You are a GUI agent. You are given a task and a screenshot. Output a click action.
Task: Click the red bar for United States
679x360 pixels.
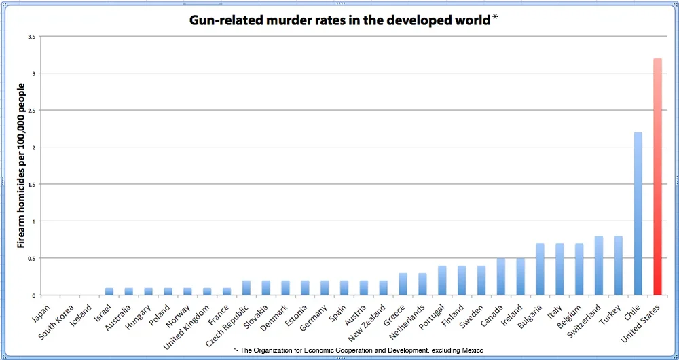(x=657, y=177)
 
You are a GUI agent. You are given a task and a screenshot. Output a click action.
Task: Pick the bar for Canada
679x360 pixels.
(x=500, y=276)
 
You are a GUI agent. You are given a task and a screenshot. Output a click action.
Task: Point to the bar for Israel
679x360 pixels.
(x=109, y=291)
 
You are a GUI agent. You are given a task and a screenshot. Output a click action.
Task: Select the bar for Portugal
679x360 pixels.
(x=442, y=281)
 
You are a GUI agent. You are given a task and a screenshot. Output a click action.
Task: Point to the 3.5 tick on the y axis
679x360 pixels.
(x=31, y=37)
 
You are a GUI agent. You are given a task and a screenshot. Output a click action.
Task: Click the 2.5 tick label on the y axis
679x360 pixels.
(x=31, y=110)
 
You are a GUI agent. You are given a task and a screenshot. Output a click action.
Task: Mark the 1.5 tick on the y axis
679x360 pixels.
(x=31, y=184)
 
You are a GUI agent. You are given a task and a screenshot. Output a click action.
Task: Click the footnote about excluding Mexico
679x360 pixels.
(x=358, y=350)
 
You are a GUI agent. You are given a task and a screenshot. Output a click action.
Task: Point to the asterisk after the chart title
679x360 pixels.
(x=494, y=18)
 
